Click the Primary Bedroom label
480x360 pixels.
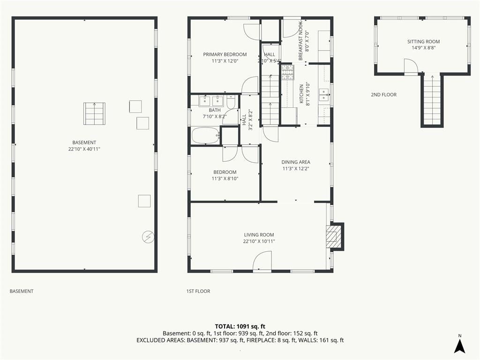click(225, 54)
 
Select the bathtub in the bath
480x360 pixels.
click(206, 135)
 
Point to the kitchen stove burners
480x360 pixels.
click(287, 72)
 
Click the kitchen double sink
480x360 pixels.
click(324, 95)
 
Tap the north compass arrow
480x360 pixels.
click(459, 345)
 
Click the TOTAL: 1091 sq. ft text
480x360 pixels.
click(240, 326)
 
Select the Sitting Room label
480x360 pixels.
click(423, 42)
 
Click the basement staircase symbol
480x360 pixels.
click(94, 113)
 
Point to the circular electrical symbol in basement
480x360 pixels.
click(148, 237)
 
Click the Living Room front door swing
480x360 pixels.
click(262, 261)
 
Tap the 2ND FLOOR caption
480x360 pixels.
click(383, 95)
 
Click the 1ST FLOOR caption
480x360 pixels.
click(198, 291)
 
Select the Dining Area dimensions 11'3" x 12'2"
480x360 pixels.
click(295, 169)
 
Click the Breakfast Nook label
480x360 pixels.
click(300, 41)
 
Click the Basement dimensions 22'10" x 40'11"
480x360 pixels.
click(84, 149)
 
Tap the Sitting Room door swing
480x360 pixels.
click(411, 66)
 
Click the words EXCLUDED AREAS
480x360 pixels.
click(161, 340)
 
